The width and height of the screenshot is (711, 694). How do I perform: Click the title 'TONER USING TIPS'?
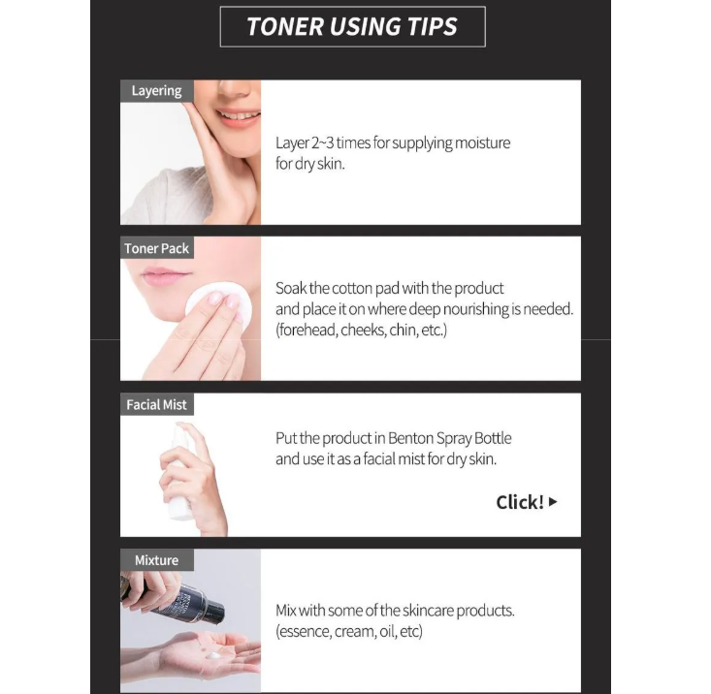pyautogui.click(x=352, y=27)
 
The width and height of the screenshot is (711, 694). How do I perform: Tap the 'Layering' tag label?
pyautogui.click(x=156, y=91)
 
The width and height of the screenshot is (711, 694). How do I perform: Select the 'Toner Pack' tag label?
pyautogui.click(x=156, y=249)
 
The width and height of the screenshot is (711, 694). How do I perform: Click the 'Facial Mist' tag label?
pyautogui.click(x=156, y=404)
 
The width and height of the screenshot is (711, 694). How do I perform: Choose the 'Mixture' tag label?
pyautogui.click(x=156, y=560)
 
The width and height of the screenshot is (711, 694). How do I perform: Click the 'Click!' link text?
pyautogui.click(x=519, y=502)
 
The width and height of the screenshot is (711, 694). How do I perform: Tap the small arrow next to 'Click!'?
pyautogui.click(x=553, y=502)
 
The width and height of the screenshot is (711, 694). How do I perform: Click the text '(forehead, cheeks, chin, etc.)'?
pyautogui.click(x=361, y=331)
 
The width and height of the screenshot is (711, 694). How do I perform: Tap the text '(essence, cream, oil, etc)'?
pyautogui.click(x=349, y=632)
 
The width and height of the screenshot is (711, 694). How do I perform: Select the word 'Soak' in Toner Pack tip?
pyautogui.click(x=292, y=288)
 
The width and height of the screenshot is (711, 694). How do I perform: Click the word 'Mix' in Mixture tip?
pyautogui.click(x=286, y=611)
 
